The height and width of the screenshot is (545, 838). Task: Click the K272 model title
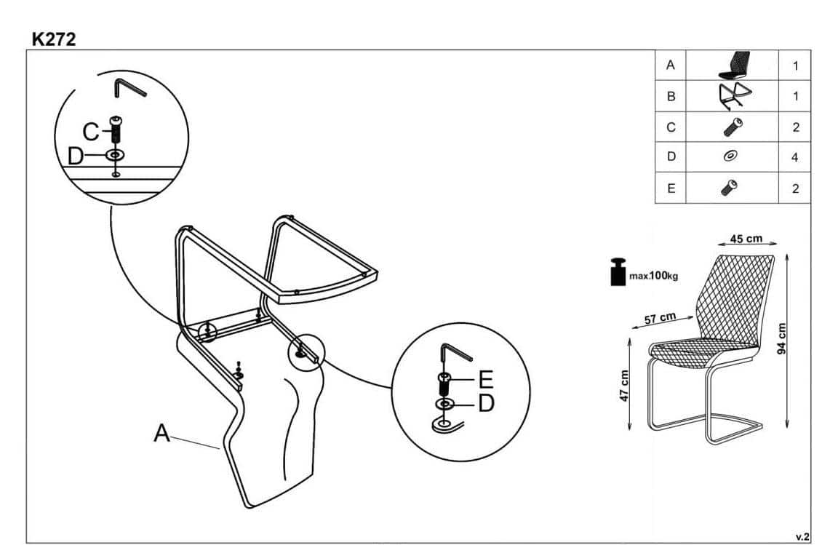tap(54, 39)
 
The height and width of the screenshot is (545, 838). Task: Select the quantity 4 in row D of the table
tap(795, 156)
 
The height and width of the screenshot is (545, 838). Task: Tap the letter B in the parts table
tap(671, 95)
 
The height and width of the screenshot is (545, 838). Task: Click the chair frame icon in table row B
tap(733, 95)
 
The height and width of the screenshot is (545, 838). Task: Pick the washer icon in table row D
tap(732, 156)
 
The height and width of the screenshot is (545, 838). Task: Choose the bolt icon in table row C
tap(732, 127)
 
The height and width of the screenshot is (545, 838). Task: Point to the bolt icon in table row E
tap(731, 188)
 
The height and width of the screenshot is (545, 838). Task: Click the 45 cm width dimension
tap(746, 239)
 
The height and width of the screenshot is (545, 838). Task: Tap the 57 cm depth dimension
tap(660, 318)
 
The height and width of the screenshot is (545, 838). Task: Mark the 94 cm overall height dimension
tap(782, 338)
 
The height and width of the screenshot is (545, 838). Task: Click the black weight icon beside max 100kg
tap(618, 273)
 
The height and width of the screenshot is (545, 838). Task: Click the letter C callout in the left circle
tap(91, 132)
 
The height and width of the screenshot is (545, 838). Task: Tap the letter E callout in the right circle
tap(486, 379)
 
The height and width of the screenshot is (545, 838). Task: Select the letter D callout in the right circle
tap(486, 402)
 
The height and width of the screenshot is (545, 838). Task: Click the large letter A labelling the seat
tap(162, 434)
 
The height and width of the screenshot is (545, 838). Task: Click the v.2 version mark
tap(802, 536)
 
